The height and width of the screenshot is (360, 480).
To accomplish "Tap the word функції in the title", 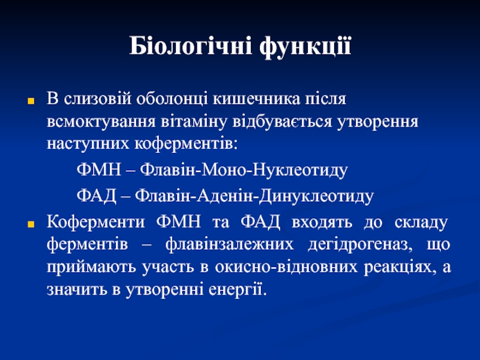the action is click(305, 47).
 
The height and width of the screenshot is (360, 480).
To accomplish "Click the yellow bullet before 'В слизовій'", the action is click(31, 101).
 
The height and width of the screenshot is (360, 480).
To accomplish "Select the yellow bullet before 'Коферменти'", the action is click(31, 224).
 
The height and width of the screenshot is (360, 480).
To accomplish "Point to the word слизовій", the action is click(98, 99).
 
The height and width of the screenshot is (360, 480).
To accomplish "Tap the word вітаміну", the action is click(194, 122).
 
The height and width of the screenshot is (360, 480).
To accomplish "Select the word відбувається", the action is click(282, 122).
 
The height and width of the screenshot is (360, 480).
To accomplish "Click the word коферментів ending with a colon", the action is click(186, 144).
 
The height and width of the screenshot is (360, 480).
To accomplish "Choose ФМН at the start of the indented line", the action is click(99, 169).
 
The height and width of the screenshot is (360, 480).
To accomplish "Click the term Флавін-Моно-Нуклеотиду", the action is click(244, 170).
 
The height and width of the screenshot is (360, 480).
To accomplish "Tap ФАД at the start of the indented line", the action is click(97, 196).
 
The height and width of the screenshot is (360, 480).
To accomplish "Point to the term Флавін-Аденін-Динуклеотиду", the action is click(254, 196).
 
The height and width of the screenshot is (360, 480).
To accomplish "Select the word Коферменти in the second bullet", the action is click(96, 222).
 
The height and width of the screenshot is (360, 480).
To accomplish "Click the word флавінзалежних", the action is click(229, 244).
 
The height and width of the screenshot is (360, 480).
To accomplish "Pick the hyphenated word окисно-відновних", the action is click(286, 267).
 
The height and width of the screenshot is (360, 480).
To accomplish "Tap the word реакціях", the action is click(400, 268).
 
